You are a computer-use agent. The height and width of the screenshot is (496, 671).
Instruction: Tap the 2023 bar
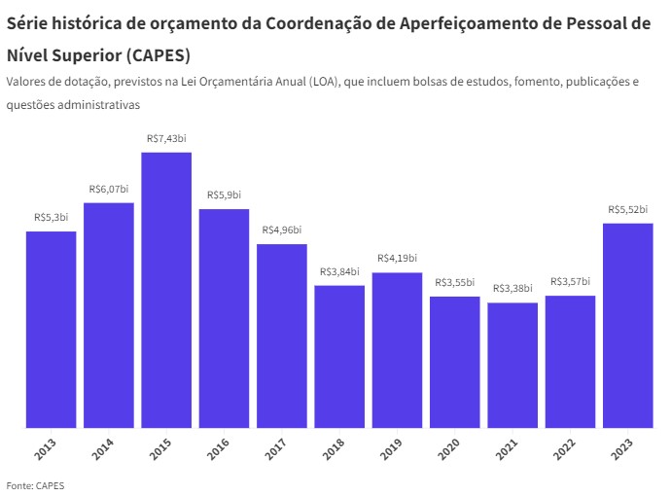[x=628, y=325]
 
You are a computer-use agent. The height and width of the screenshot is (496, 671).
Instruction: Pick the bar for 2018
[x=339, y=356]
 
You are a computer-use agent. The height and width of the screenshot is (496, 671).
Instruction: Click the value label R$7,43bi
[x=166, y=139]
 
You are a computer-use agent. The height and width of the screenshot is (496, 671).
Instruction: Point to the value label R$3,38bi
[x=512, y=289]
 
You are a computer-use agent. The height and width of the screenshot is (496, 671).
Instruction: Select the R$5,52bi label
[x=628, y=209]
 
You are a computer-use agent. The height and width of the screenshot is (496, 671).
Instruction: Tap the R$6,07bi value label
[x=109, y=189]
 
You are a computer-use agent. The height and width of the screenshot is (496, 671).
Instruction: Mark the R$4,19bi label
[x=397, y=258]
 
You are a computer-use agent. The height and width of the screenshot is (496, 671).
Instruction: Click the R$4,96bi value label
[x=282, y=230]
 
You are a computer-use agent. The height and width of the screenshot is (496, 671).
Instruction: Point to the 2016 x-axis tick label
[x=219, y=450]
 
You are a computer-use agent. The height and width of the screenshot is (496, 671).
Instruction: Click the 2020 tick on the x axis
[x=450, y=450]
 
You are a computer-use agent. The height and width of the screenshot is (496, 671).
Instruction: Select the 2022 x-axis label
[x=565, y=450]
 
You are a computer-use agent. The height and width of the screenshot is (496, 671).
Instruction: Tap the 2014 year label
[x=104, y=450]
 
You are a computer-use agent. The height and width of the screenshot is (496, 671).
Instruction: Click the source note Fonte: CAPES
[x=35, y=484]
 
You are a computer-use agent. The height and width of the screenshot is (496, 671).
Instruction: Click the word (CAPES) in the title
[x=155, y=54]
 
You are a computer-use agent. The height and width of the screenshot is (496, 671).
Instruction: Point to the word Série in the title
[x=29, y=24]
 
